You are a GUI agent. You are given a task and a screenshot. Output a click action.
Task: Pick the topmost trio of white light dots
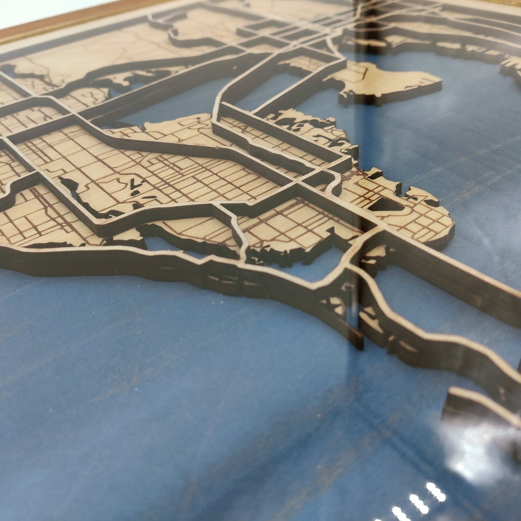[x=436, y=491]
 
